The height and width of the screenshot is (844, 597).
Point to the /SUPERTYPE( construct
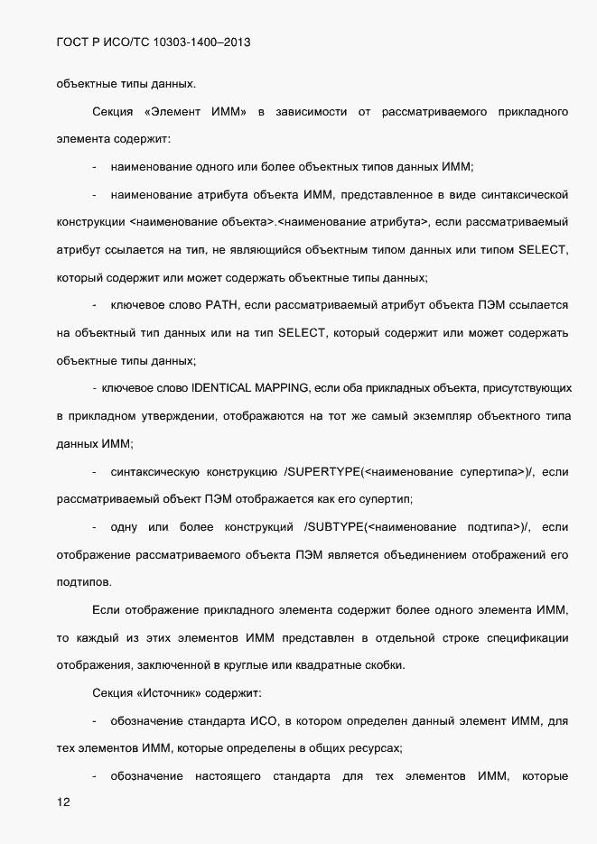click(x=322, y=471)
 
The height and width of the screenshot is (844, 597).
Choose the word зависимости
click(x=312, y=112)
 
